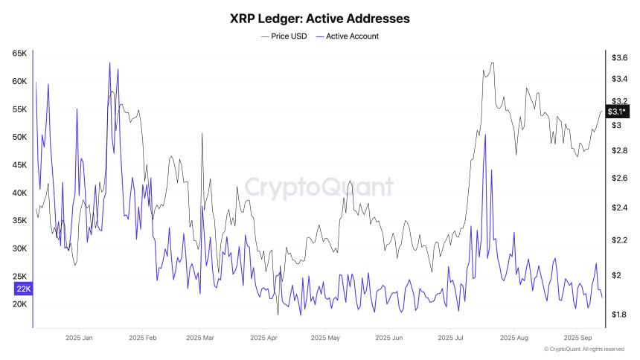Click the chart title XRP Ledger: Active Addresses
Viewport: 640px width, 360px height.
[x=319, y=17]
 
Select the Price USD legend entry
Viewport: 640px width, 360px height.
[x=285, y=36]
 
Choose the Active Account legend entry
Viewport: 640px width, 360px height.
[x=348, y=36]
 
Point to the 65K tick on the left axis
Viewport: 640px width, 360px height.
[x=19, y=54]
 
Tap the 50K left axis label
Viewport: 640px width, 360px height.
[x=19, y=137]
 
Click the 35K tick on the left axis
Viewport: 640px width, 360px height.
[x=19, y=221]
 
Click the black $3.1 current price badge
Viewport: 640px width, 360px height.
[x=617, y=112]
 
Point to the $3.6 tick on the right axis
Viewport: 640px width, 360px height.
[x=619, y=57]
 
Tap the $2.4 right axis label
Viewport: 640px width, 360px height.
[x=619, y=208]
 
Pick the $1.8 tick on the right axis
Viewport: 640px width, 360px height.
[x=619, y=315]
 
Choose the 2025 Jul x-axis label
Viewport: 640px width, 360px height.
[x=449, y=338]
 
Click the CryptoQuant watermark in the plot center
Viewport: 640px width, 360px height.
[x=319, y=186]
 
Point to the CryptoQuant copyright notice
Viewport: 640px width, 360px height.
[x=583, y=350]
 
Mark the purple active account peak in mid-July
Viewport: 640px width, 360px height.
[x=484, y=135]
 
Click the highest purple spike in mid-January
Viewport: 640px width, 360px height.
[x=109, y=63]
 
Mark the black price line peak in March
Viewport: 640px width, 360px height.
[x=201, y=134]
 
